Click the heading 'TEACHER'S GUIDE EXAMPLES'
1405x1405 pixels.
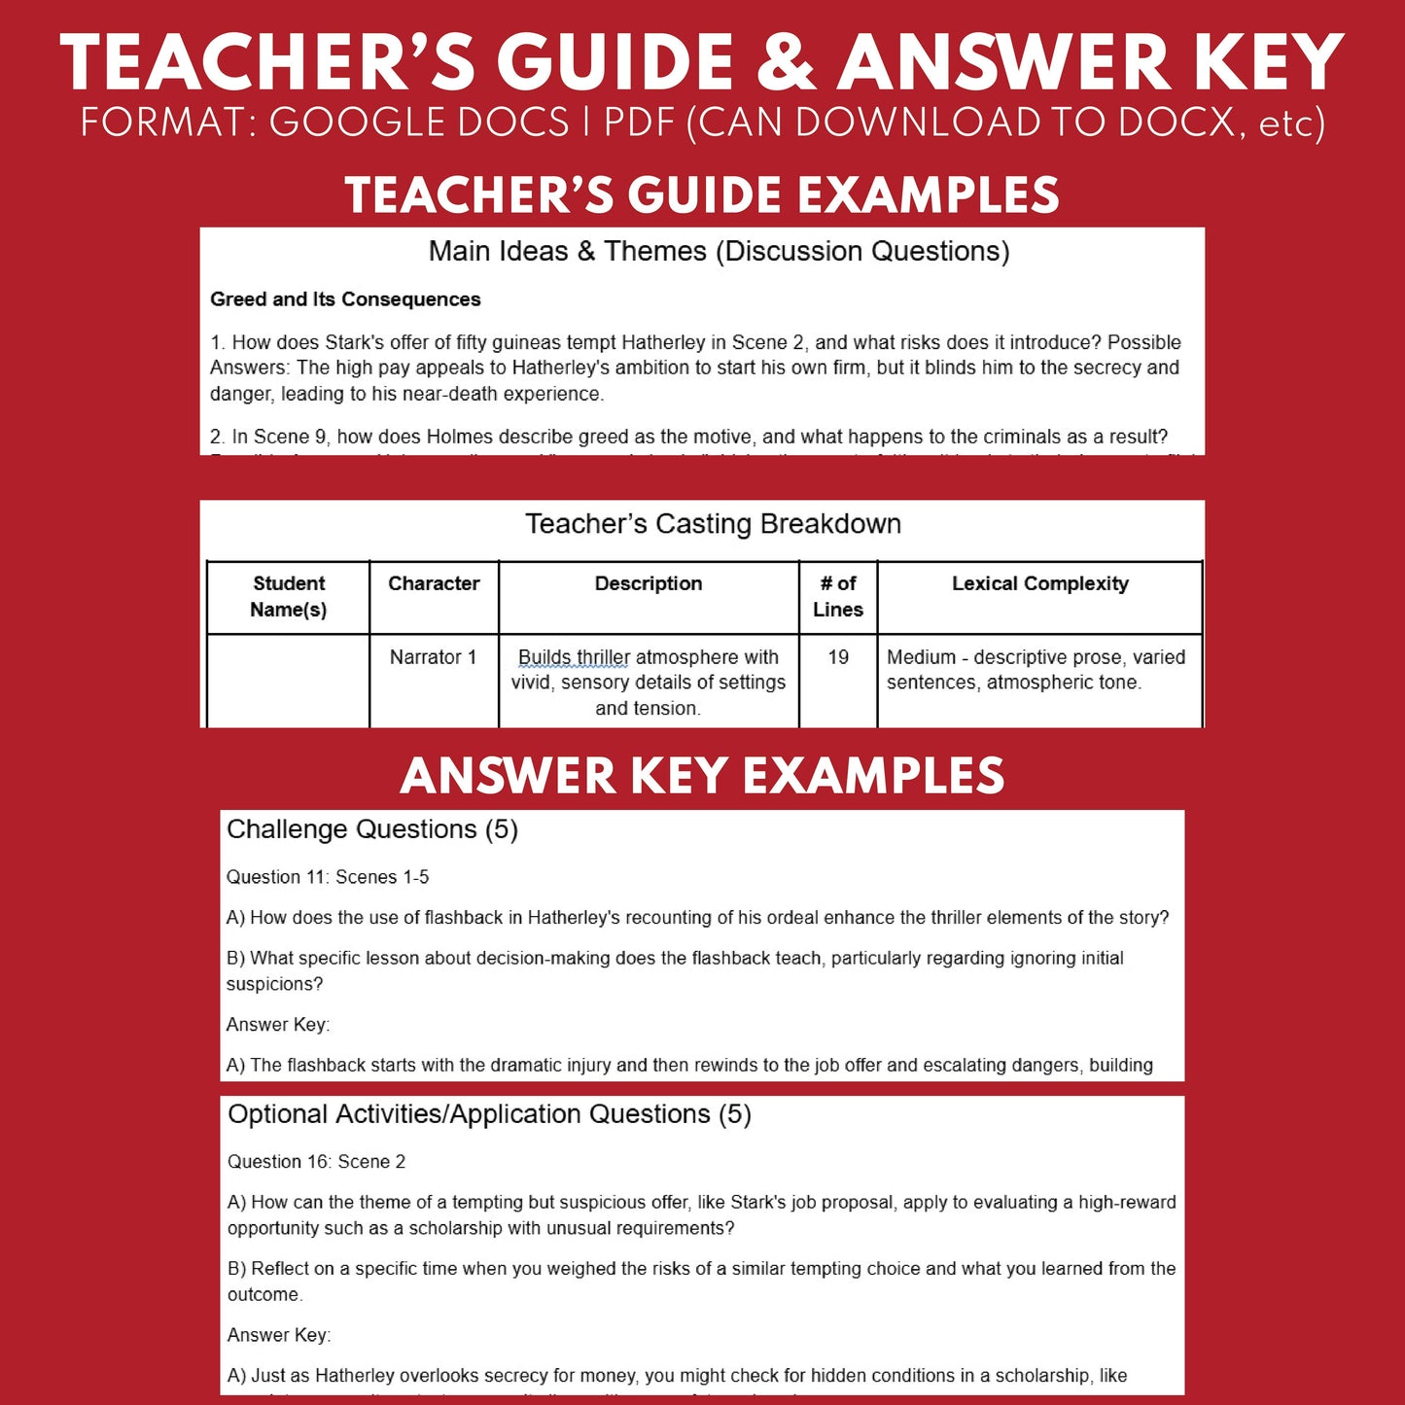pos(702,194)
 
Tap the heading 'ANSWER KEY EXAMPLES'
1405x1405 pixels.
pos(702,776)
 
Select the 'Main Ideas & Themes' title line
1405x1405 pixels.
pos(719,252)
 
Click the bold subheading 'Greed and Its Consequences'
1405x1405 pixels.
pos(345,299)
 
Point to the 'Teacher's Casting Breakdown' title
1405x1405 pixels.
pos(713,524)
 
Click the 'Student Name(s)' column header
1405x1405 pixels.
pos(289,596)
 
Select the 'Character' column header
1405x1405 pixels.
pos(434,583)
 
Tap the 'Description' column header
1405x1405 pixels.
pos(649,583)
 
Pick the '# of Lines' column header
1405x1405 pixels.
pos(838,596)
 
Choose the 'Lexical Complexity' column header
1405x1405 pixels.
pos(1039,583)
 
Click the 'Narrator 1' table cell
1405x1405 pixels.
pos(434,657)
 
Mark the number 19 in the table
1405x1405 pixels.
pos(838,657)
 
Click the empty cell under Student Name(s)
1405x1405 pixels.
pos(289,681)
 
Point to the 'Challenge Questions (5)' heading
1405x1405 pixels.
pos(372,829)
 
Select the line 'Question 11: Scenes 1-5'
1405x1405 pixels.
pos(328,877)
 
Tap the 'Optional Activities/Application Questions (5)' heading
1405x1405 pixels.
pos(489,1114)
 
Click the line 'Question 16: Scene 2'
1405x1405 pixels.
pos(316,1162)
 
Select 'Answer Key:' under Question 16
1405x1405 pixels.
pos(279,1335)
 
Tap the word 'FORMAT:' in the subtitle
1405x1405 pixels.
pos(168,123)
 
